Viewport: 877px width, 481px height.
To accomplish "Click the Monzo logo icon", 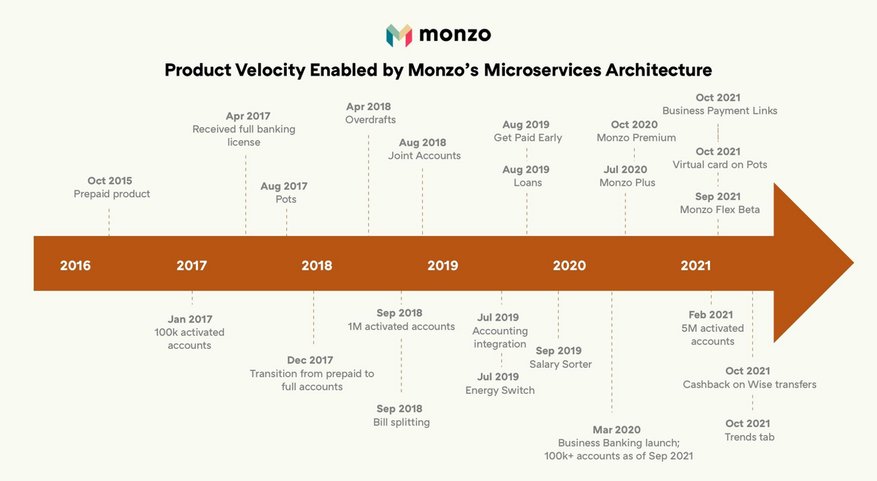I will pyautogui.click(x=399, y=35).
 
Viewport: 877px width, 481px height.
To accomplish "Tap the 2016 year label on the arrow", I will pyautogui.click(x=76, y=265).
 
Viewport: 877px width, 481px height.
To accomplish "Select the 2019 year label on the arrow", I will pyautogui.click(x=443, y=265).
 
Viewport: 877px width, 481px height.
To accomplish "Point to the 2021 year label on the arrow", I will pyautogui.click(x=696, y=265).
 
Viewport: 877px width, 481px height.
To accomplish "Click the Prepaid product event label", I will pyautogui.click(x=111, y=194).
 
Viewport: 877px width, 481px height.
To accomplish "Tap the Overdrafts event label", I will pyautogui.click(x=370, y=120).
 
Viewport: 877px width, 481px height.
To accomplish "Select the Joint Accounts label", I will pyautogui.click(x=424, y=156).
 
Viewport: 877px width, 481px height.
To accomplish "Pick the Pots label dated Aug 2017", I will pyautogui.click(x=286, y=200).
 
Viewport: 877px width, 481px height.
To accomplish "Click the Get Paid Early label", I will pyautogui.click(x=527, y=138).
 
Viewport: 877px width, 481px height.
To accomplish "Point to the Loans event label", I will pyautogui.click(x=527, y=183).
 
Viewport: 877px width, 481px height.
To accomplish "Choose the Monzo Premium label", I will pyautogui.click(x=636, y=138).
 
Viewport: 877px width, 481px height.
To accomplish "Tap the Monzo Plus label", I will pyautogui.click(x=627, y=183).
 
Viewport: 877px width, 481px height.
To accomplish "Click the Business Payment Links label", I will pyautogui.click(x=719, y=111).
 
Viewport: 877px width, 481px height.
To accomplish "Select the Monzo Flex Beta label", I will pyautogui.click(x=719, y=210).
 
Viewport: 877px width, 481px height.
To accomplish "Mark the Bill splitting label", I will pyautogui.click(x=401, y=423).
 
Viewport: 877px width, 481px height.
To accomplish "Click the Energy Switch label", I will pyautogui.click(x=500, y=391).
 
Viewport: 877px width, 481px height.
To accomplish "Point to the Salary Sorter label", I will pyautogui.click(x=560, y=365).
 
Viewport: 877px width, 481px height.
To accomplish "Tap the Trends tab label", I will pyautogui.click(x=749, y=437).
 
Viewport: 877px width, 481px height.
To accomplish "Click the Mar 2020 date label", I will pyautogui.click(x=616, y=430).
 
